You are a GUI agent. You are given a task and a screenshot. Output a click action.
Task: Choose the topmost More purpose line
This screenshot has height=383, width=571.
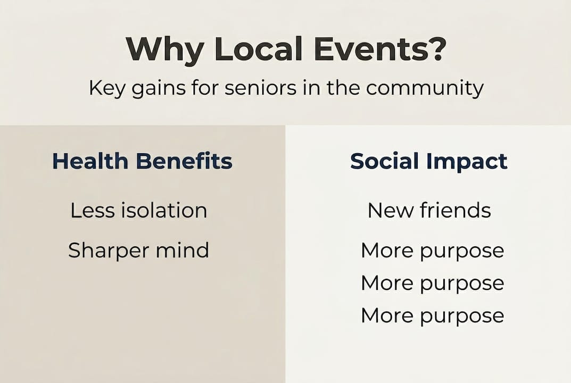point(432,251)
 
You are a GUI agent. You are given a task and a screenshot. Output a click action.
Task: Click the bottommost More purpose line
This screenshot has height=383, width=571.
point(432,315)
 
